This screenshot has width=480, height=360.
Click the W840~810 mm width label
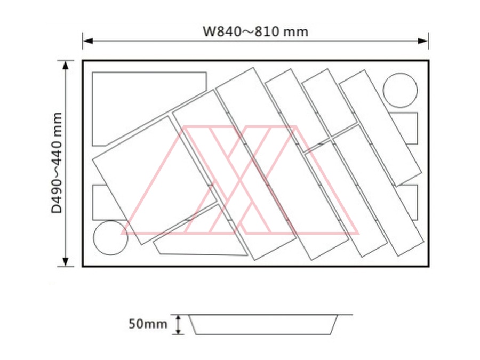[x=255, y=31]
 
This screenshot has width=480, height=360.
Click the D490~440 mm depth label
[x=57, y=163]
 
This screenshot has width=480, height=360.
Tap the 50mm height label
[x=148, y=324]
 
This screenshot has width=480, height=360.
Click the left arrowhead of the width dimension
[x=88, y=41]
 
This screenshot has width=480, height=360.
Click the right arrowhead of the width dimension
[x=423, y=41]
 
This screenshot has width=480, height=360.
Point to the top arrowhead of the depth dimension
[x=66, y=66]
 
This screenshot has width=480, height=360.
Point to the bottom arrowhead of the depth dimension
[x=66, y=261]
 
